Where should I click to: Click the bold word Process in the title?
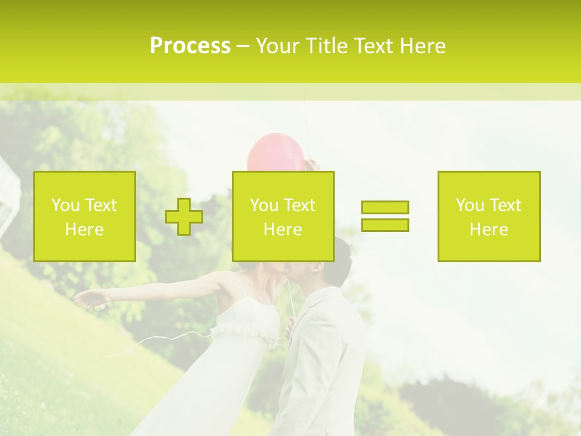(x=190, y=46)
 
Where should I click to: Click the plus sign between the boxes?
(x=184, y=216)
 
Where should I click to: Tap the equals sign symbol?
(x=385, y=216)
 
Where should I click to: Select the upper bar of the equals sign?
(x=385, y=207)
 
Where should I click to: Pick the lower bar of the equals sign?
(x=385, y=225)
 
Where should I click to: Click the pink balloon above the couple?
(x=275, y=151)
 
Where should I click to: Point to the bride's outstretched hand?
(x=85, y=299)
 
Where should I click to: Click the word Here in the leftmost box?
(x=84, y=230)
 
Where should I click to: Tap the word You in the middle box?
(x=264, y=205)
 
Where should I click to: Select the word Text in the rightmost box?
(x=505, y=205)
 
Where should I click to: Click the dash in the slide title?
(x=243, y=46)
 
